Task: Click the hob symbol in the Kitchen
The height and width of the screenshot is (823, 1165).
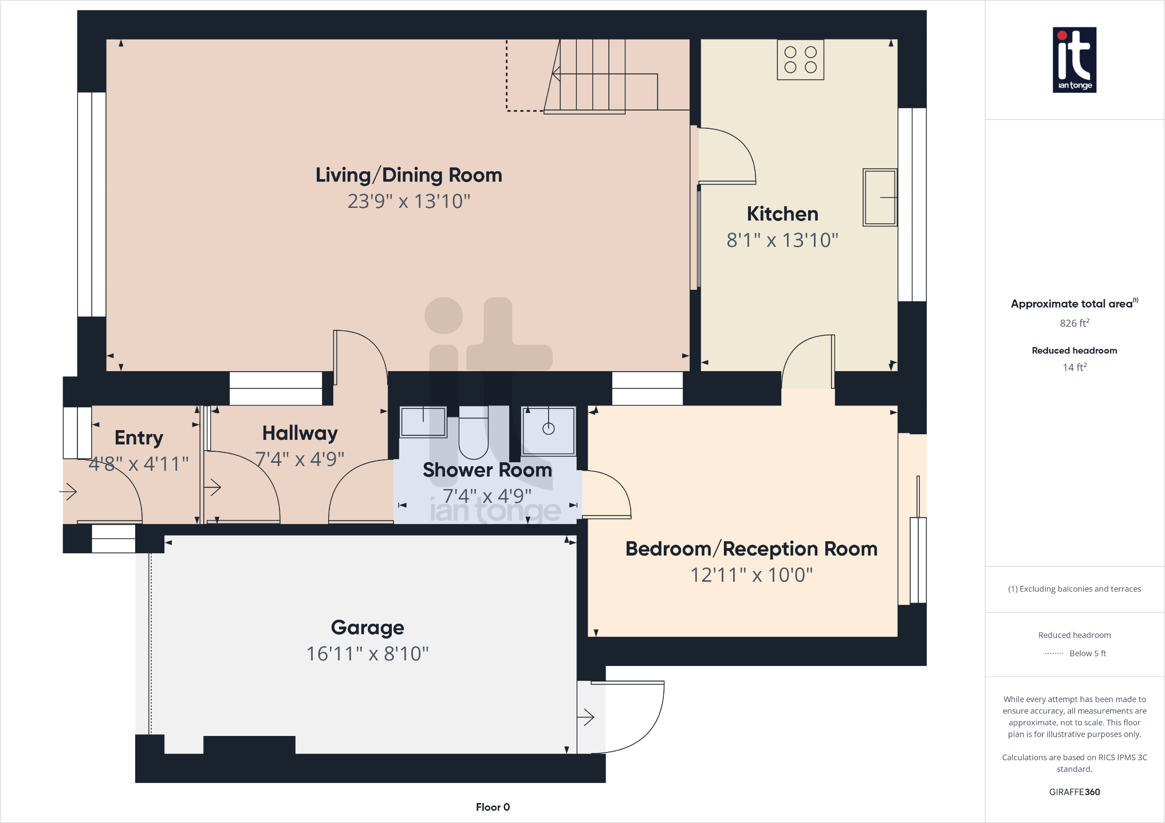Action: click(x=800, y=60)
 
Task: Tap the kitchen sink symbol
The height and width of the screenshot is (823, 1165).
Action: click(x=880, y=197)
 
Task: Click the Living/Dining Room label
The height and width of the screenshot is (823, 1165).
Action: click(x=408, y=175)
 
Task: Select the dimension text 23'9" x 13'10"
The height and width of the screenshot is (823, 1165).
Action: click(x=408, y=202)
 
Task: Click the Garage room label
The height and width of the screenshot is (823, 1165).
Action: click(x=367, y=628)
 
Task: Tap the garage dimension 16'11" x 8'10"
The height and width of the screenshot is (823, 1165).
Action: click(x=367, y=653)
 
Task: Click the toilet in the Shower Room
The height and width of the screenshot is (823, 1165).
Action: click(x=473, y=433)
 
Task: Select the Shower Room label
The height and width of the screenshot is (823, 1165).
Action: click(x=487, y=470)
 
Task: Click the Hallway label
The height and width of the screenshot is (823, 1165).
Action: click(x=300, y=434)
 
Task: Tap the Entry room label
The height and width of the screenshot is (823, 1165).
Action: click(x=139, y=438)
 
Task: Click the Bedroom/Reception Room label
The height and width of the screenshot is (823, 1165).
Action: click(x=751, y=549)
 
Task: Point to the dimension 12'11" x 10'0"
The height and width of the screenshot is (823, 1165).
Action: click(x=751, y=575)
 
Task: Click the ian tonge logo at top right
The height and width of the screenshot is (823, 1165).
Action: click(x=1074, y=60)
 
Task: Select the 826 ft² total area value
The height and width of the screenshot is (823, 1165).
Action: click(x=1074, y=323)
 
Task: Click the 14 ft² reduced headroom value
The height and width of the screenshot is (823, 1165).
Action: click(x=1074, y=368)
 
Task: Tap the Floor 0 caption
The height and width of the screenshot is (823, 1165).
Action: click(x=493, y=807)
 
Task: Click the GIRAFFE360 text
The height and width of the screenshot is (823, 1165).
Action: click(x=1074, y=792)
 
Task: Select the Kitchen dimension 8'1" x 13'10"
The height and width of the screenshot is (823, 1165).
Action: click(x=782, y=241)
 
